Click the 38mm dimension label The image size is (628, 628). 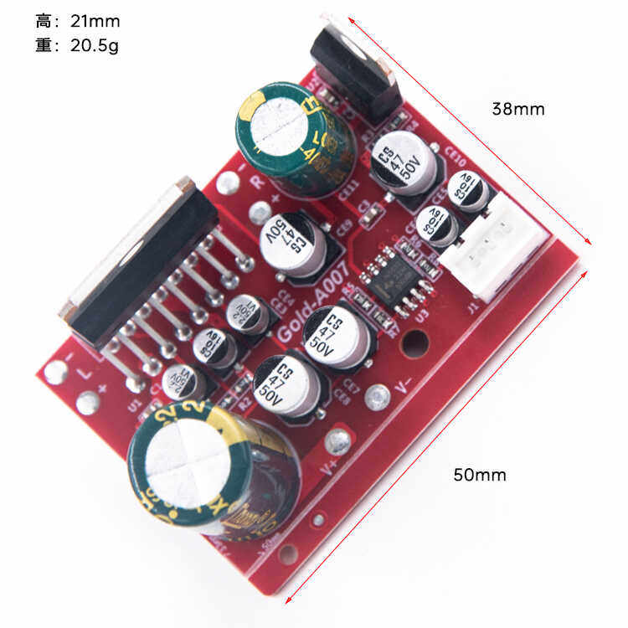click(518, 109)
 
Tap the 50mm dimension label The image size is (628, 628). click(480, 475)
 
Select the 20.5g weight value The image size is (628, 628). click(92, 46)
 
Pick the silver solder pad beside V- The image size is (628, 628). click(378, 394)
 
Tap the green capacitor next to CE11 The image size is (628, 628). click(295, 138)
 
